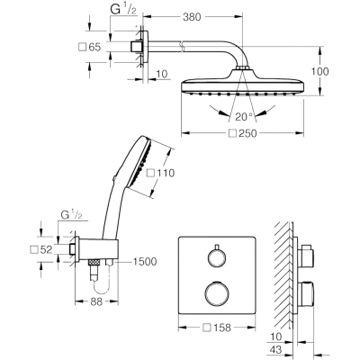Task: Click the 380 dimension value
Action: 192,17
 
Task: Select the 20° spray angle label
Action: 245,117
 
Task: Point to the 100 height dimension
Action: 319,71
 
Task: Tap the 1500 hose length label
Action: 145,262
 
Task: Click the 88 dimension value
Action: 96,301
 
